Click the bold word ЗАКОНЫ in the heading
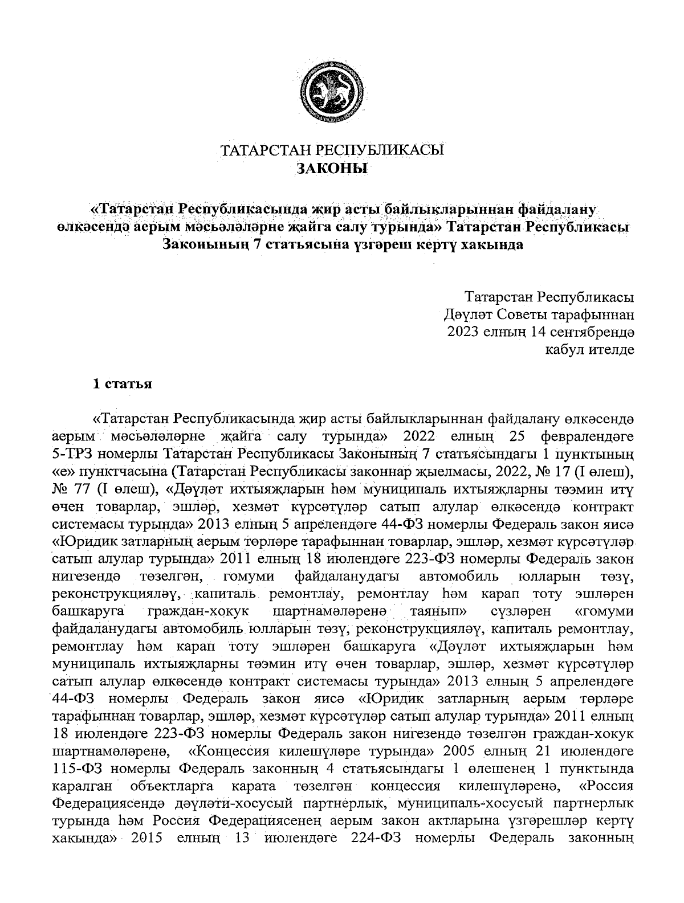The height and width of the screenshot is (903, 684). (x=332, y=169)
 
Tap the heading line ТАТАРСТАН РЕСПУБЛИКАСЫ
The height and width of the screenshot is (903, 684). (x=332, y=150)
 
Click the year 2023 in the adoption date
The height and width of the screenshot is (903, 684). (x=462, y=331)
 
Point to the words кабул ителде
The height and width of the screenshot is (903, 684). (x=591, y=349)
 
